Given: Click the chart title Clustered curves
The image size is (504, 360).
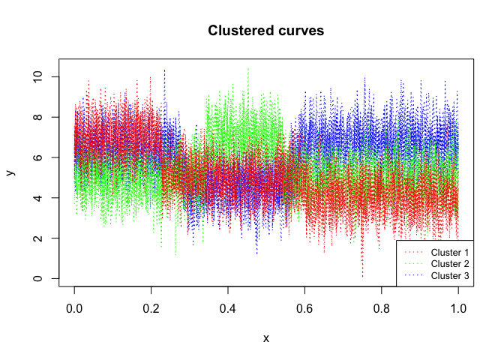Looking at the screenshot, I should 266,31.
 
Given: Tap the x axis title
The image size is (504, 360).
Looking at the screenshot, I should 266,338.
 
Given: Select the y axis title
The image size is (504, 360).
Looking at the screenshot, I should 10,172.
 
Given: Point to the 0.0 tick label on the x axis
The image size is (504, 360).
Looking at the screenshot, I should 74,307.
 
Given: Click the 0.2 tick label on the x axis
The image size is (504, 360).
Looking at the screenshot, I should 151,307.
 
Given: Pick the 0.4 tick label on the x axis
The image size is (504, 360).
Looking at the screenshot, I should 228,307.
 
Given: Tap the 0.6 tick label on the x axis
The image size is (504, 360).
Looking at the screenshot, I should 304,307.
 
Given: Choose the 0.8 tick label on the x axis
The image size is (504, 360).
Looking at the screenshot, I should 382,307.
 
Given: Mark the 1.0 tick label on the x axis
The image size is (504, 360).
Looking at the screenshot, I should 458,307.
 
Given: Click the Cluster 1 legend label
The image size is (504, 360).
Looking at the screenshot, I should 450,251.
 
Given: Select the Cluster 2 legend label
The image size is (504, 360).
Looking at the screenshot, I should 450,263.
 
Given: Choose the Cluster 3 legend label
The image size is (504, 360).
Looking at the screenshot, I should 450,276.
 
